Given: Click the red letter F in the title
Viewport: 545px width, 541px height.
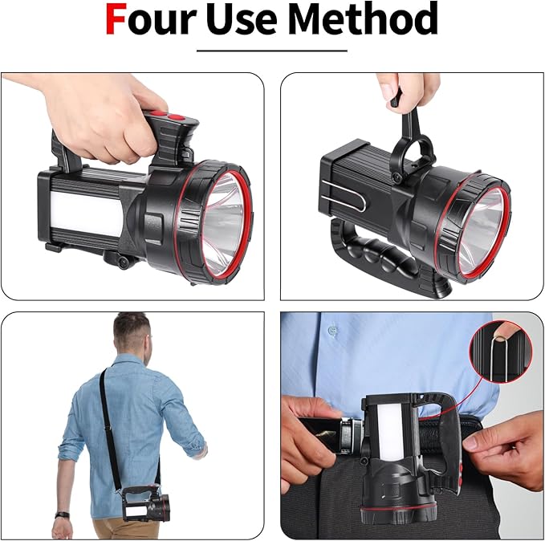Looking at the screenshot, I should (x=118, y=20).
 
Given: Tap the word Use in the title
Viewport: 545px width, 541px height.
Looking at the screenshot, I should (x=242, y=20).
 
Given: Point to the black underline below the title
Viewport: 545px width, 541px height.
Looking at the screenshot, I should (x=272, y=51).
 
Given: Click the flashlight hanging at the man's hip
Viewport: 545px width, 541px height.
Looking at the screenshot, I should (x=144, y=506).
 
